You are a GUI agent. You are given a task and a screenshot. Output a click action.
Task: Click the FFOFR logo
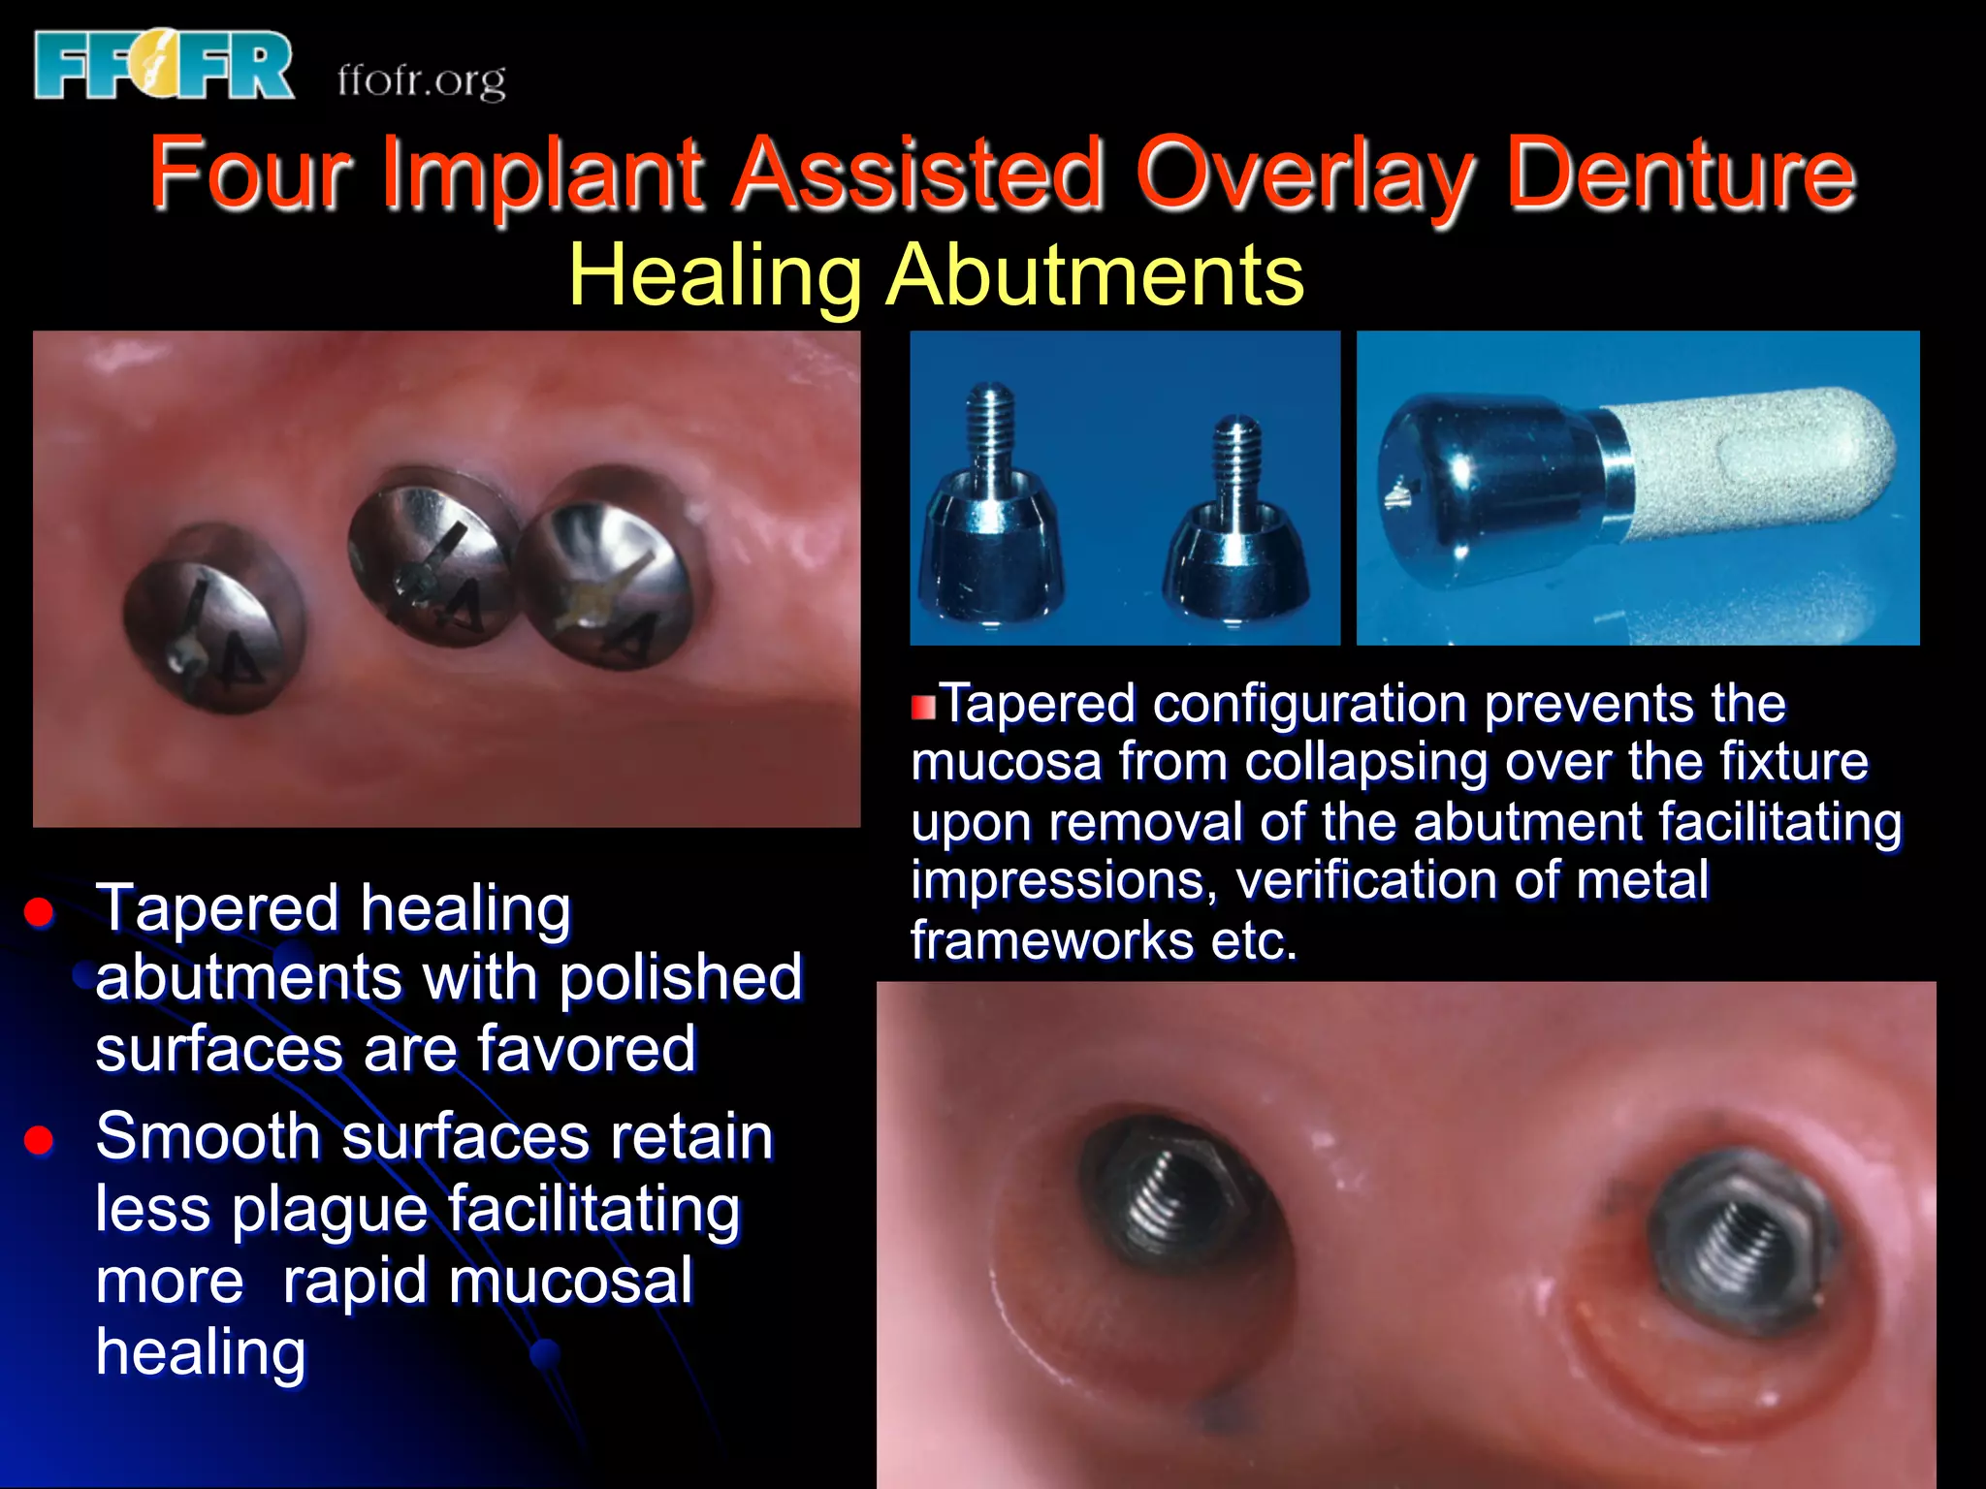coord(163,64)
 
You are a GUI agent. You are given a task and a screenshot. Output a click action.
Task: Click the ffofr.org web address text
coord(422,79)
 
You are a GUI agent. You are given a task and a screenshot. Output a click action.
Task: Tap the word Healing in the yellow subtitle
coord(714,275)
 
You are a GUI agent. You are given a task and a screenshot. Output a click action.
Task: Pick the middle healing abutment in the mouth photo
coord(432,555)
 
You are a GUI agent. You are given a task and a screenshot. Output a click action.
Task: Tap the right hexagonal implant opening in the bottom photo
coord(1741,1236)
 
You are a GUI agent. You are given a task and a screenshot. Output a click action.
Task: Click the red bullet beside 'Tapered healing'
coord(39,911)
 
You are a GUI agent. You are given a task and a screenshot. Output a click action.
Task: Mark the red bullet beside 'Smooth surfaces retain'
coord(39,1140)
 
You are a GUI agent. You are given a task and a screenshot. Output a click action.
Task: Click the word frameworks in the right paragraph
coord(1051,940)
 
